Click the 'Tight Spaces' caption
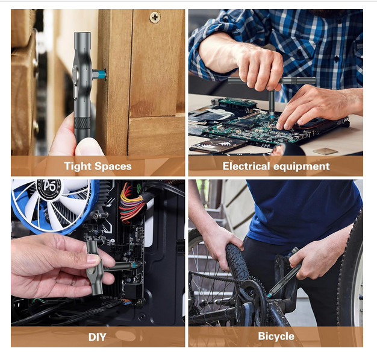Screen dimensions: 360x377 pyautogui.click(x=98, y=166)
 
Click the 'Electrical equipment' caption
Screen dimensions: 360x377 pyautogui.click(x=276, y=166)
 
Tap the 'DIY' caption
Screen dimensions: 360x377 pyautogui.click(x=97, y=336)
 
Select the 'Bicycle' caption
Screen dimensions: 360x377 pyautogui.click(x=276, y=336)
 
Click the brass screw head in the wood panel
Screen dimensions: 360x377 pyautogui.click(x=155, y=17)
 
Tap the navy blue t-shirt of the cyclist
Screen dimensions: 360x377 pyautogui.click(x=301, y=211)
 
